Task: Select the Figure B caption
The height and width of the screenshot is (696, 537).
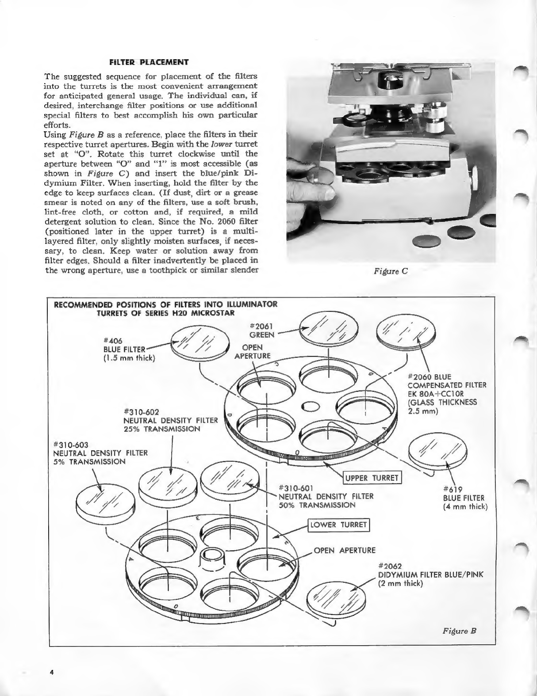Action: coord(460,631)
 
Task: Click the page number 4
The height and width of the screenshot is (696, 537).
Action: coord(52,672)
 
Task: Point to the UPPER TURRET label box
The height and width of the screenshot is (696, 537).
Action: coord(372,478)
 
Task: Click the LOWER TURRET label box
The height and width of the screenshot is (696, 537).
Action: coord(338,525)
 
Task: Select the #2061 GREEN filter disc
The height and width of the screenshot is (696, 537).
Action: coord(330,331)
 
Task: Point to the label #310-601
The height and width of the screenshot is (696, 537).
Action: coord(296,488)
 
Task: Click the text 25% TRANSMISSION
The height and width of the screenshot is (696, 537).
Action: coord(162,429)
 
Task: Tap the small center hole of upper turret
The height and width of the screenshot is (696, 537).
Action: coord(310,406)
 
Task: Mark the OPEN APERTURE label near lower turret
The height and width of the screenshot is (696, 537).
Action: coord(345,550)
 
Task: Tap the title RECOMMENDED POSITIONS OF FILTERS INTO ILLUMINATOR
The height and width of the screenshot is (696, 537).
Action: coord(165,304)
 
